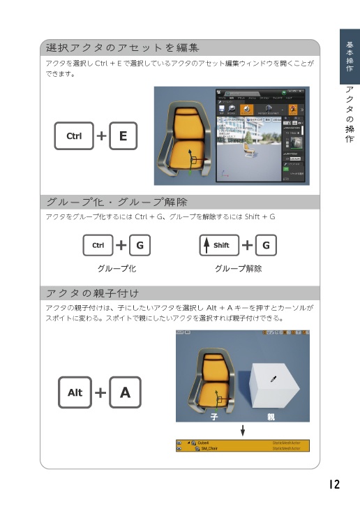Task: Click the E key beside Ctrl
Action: pyautogui.click(x=123, y=136)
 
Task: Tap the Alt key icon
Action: pyautogui.click(x=75, y=392)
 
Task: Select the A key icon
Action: pyautogui.click(x=125, y=392)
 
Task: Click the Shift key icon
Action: pyautogui.click(x=218, y=245)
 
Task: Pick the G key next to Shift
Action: pyautogui.click(x=267, y=245)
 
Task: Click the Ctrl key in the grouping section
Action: pyautogui.click(x=98, y=245)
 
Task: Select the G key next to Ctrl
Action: pyautogui.click(x=140, y=245)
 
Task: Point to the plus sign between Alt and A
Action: pyautogui.click(x=100, y=392)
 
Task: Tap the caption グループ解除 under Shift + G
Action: pyautogui.click(x=238, y=268)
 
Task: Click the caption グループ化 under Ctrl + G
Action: pyautogui.click(x=117, y=268)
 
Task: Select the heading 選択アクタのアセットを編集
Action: pyautogui.click(x=123, y=48)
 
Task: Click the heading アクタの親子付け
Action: pyautogui.click(x=92, y=292)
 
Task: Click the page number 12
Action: pyautogui.click(x=333, y=484)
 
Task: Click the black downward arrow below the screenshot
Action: pyautogui.click(x=243, y=430)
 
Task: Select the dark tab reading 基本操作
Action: pyautogui.click(x=350, y=57)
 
